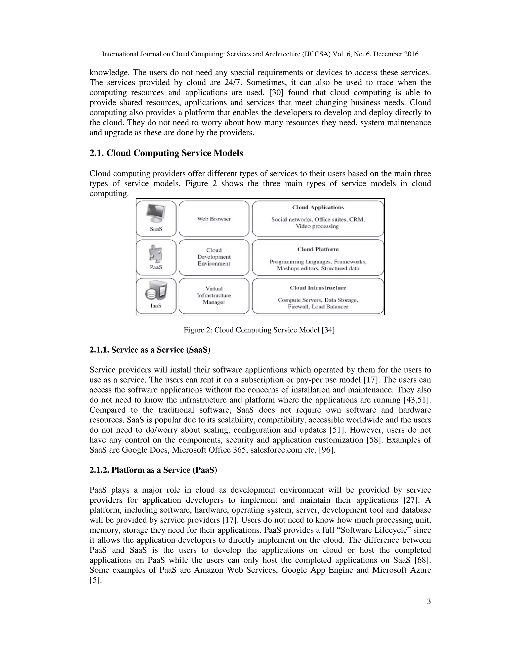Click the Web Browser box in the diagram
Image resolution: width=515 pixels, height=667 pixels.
point(214,219)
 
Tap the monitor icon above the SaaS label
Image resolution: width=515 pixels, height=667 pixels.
point(156,213)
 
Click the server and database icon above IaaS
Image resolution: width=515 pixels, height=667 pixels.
point(156,291)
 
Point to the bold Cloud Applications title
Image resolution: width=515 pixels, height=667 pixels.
point(318,207)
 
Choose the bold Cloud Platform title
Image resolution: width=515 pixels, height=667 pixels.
point(318,249)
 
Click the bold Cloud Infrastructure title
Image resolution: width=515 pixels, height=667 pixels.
point(318,288)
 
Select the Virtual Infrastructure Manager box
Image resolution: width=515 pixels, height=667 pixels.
point(214,295)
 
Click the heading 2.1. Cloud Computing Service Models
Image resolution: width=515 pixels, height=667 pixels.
point(166,153)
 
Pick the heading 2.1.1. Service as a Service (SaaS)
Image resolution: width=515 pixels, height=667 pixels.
point(150,350)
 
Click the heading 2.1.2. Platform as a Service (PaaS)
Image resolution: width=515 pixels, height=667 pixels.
point(153,470)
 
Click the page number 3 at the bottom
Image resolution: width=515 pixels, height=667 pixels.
point(429,601)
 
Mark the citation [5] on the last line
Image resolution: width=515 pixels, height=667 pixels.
point(95,580)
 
